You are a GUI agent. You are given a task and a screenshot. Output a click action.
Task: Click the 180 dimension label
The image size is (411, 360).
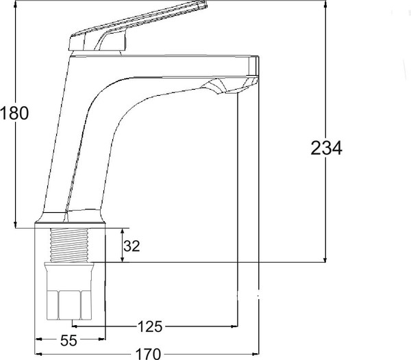[14, 114]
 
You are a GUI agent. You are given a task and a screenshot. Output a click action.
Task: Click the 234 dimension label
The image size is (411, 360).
[326, 149]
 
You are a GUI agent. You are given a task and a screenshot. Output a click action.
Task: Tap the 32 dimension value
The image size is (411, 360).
[132, 246]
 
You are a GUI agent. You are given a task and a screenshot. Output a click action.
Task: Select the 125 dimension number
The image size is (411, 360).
[150, 326]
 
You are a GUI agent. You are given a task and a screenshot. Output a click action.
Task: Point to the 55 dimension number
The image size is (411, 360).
[69, 341]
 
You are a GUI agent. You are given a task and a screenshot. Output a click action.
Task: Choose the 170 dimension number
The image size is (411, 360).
[148, 355]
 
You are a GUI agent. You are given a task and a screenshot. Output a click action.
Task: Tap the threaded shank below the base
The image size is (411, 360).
[69, 245]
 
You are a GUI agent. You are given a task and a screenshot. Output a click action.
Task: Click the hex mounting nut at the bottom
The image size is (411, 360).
[69, 305]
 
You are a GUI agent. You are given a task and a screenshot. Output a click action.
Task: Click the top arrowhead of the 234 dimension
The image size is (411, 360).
[325, 5]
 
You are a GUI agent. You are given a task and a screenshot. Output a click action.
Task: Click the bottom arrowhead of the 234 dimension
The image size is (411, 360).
[325, 258]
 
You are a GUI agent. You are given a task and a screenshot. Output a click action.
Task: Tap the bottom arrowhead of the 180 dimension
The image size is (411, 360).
[16, 224]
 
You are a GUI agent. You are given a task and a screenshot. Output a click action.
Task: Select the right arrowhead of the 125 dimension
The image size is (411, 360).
[234, 326]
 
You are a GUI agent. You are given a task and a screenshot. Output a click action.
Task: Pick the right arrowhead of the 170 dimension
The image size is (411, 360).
[255, 355]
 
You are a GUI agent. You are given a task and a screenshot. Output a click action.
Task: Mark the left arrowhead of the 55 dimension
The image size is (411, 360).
[39, 339]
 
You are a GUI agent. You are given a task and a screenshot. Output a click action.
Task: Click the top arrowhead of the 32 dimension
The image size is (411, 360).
[122, 232]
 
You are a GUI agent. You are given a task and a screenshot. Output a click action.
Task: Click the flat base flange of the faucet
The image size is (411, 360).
[70, 223]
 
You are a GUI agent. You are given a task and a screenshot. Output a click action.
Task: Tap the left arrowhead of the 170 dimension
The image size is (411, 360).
[39, 355]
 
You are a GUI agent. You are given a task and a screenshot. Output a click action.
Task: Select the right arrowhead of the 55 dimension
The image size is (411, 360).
[101, 339]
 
